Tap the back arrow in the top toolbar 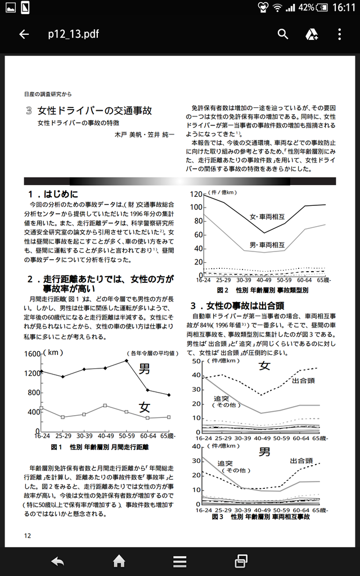coord(24,34)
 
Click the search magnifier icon coord(283,34)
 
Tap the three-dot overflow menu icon coord(340,34)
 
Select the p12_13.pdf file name coord(73,34)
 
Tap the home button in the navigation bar coord(119,561)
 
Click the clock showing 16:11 coord(343,7)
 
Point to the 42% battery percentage coord(306,7)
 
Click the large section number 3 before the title coord(29,111)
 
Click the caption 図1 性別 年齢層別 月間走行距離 coord(99,447)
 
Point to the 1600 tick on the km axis coord(33,353)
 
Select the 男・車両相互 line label coord(267,245)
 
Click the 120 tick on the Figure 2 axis coord(195,195)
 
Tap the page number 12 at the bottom coord(28,535)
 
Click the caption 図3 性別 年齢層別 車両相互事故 coord(260,516)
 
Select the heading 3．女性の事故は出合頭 coord(236,306)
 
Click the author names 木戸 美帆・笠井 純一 coord(145,135)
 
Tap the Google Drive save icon coord(312,34)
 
